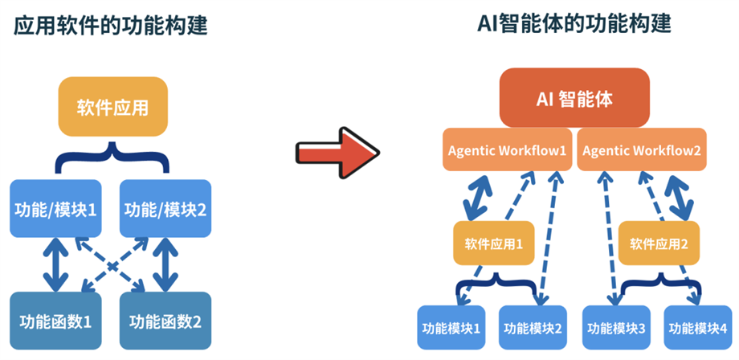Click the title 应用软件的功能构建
point(111,26)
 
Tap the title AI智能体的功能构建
point(574,23)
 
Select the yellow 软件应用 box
point(113,108)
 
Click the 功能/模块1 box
point(55,208)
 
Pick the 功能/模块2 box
point(165,208)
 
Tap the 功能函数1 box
point(55,321)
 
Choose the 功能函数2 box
point(165,321)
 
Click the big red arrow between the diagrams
point(337,153)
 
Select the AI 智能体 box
point(574,97)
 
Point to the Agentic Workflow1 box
point(507,149)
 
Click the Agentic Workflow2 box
point(642,149)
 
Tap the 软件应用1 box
point(494,243)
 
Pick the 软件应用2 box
point(659,243)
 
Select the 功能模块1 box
point(451,328)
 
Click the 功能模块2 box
point(533,328)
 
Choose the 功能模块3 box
point(616,328)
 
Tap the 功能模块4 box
point(699,328)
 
